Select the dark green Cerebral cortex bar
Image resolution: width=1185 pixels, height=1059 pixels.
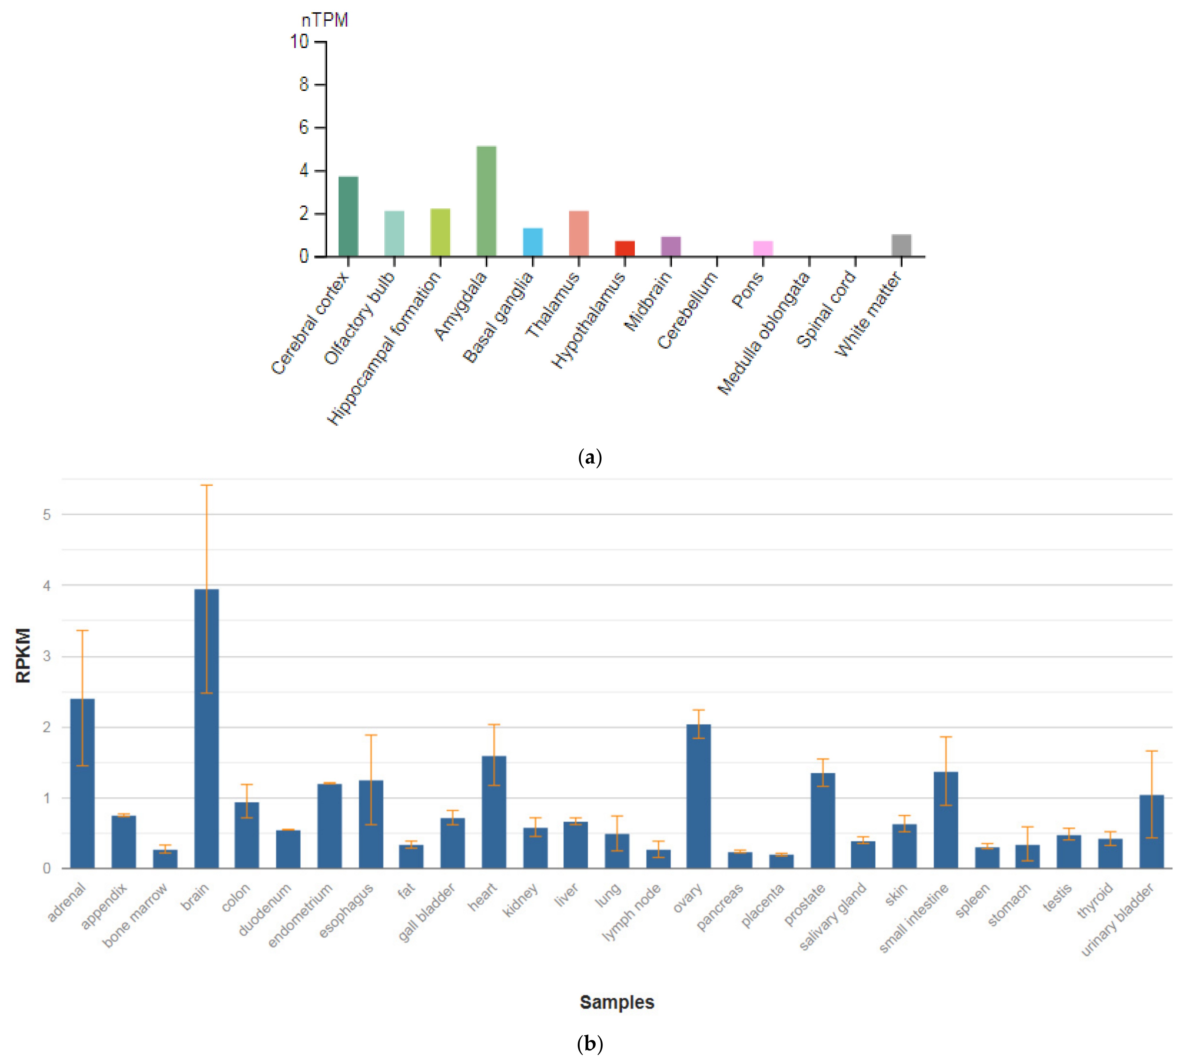pyautogui.click(x=348, y=216)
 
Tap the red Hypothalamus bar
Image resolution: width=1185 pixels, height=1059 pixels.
pyautogui.click(x=625, y=248)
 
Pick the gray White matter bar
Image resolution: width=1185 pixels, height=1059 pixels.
pyautogui.click(x=901, y=246)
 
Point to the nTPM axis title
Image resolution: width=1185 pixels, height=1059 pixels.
pyautogui.click(x=324, y=20)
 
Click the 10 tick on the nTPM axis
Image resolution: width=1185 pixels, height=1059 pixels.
pyautogui.click(x=300, y=42)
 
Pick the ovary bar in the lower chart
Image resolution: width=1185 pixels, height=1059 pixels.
pyautogui.click(x=698, y=796)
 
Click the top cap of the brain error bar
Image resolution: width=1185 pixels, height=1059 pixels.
pyautogui.click(x=207, y=485)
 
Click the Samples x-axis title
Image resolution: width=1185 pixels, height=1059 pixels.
pyautogui.click(x=616, y=1002)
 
